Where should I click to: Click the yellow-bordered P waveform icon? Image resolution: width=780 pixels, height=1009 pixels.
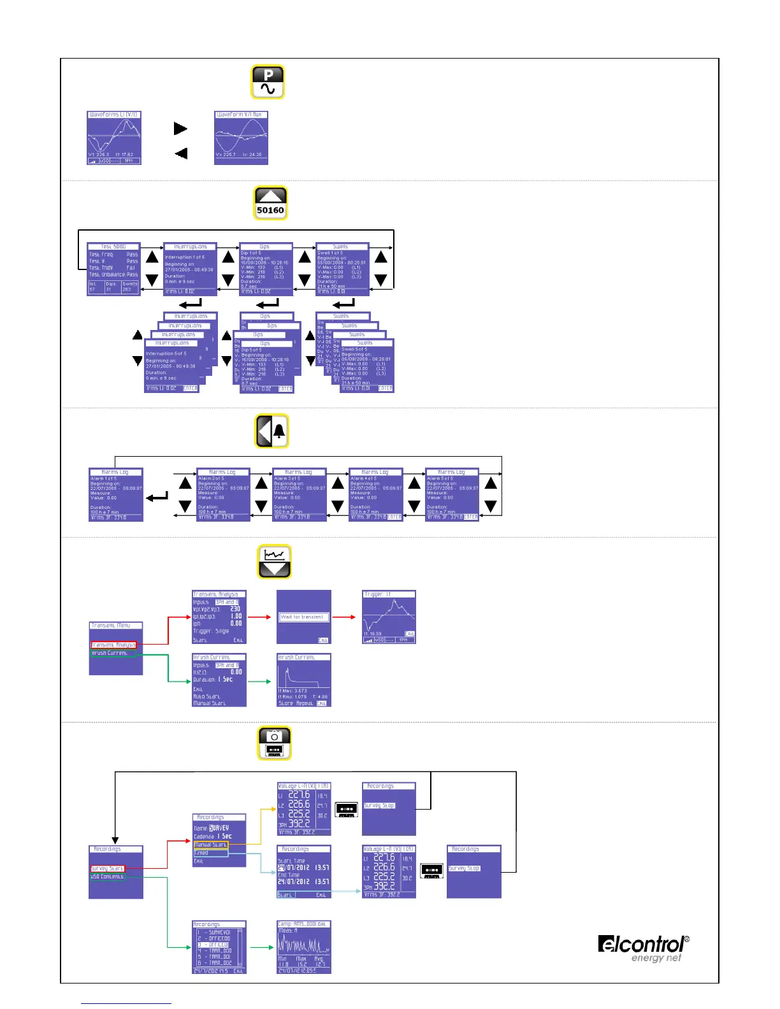(x=268, y=82)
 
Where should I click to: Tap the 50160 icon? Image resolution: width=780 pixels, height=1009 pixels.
(x=270, y=203)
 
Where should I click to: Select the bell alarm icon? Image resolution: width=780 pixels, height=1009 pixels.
(x=271, y=431)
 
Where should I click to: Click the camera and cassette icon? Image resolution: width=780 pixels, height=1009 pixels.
(x=275, y=743)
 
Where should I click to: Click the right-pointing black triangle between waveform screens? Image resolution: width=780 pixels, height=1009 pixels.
(x=180, y=128)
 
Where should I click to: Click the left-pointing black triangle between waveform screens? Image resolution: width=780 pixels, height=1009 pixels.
(x=181, y=153)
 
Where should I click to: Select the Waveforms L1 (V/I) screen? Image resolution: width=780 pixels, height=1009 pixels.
(x=114, y=138)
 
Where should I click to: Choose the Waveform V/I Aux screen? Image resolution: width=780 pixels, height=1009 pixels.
(x=241, y=138)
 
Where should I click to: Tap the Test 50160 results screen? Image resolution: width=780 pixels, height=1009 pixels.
(x=113, y=269)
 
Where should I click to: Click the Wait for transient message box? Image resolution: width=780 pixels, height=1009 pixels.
(x=304, y=617)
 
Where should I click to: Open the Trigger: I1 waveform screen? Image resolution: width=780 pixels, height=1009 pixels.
(x=389, y=617)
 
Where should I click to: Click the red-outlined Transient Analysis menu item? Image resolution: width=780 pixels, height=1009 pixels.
(x=113, y=645)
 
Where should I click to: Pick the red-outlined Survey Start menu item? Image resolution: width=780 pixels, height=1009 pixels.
(x=108, y=868)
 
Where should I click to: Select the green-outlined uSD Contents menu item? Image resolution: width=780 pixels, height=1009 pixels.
(x=108, y=877)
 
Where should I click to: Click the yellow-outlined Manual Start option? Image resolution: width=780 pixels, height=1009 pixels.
(x=211, y=845)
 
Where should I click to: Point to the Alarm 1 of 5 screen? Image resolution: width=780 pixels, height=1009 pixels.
(x=116, y=494)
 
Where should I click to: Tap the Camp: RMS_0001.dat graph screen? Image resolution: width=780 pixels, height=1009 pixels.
(x=304, y=947)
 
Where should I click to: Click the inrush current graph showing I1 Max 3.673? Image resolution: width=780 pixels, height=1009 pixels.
(x=304, y=680)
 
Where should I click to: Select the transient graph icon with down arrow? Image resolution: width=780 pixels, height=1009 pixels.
(x=275, y=561)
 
